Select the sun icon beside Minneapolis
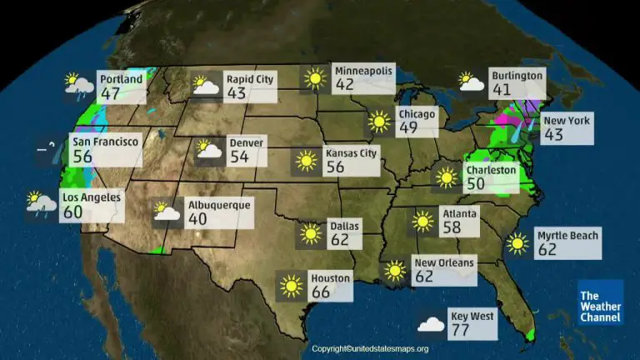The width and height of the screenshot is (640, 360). [x=313, y=79]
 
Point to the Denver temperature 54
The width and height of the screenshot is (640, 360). [x=240, y=157]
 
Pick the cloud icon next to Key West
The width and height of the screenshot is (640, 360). [x=431, y=324]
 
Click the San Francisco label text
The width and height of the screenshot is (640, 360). [x=105, y=142]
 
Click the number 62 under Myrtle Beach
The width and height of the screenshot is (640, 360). [x=548, y=250]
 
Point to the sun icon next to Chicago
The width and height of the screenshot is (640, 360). [x=379, y=122]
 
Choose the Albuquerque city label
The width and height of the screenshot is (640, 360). [x=218, y=204]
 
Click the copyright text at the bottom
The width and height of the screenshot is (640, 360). [x=369, y=349]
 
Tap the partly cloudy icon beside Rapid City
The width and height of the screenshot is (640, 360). [x=206, y=85]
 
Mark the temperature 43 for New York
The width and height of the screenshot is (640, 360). [x=554, y=135]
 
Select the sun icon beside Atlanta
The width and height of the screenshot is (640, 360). [x=422, y=222]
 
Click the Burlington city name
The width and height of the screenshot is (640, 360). [x=517, y=75]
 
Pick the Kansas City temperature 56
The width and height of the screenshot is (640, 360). [x=336, y=167]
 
